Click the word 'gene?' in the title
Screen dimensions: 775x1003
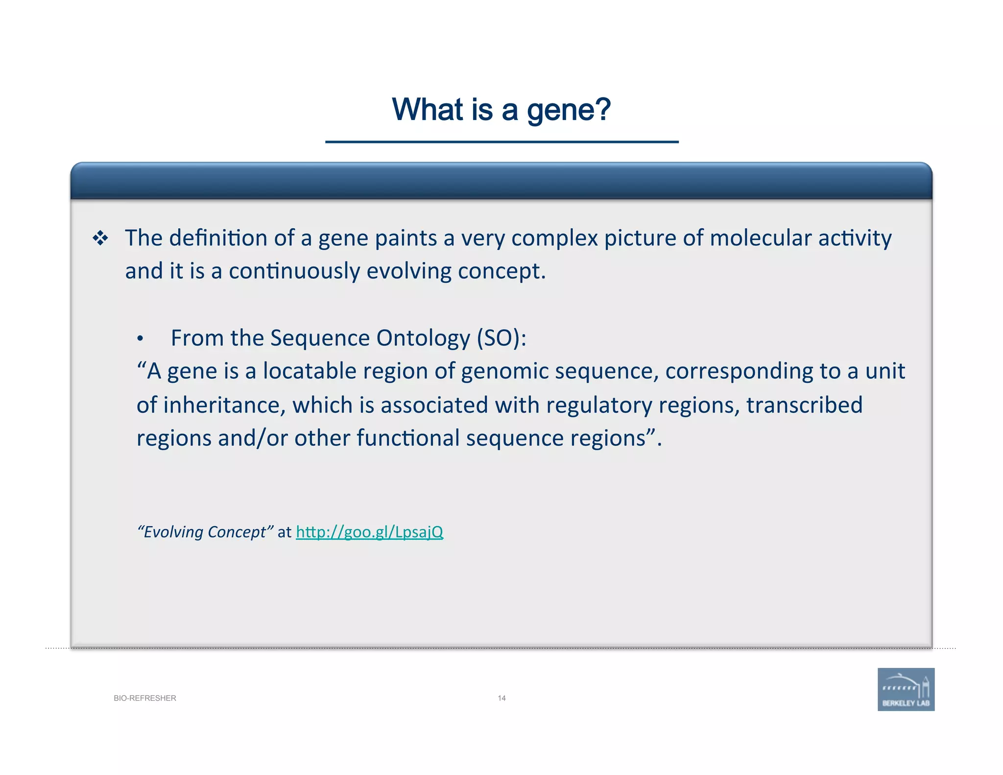(569, 110)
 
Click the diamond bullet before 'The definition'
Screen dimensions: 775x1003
(100, 239)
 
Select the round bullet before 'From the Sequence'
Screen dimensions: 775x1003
(140, 339)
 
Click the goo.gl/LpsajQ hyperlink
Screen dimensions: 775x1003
(369, 532)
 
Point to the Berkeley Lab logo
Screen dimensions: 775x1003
(906, 689)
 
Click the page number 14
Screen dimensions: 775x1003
(501, 698)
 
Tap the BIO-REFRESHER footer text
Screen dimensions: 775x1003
(145, 698)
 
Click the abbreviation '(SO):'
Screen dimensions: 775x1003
(501, 339)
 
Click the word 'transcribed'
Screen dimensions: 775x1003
(804, 406)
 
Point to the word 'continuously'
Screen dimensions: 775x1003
(294, 271)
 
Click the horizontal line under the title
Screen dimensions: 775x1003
(501, 142)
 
